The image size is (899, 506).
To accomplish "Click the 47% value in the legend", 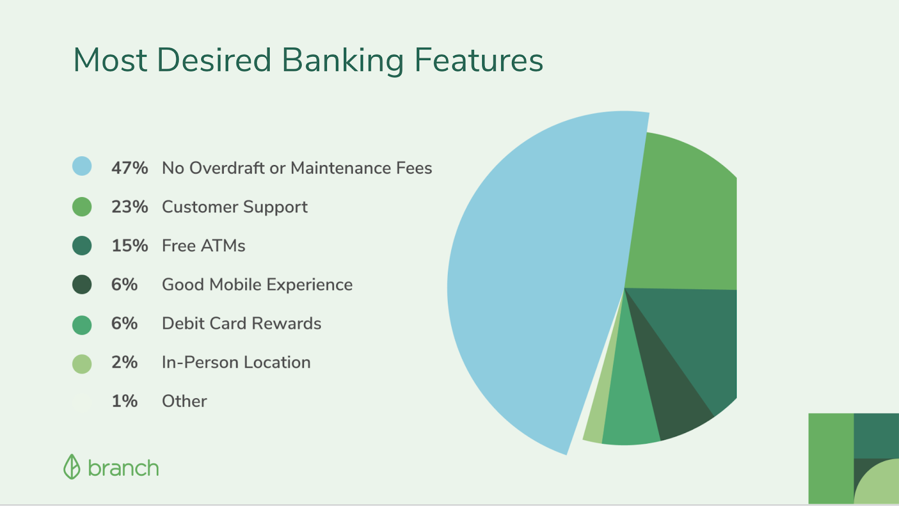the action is tap(130, 168).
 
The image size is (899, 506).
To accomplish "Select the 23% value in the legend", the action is tap(130, 207).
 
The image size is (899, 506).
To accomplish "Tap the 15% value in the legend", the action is tap(130, 246).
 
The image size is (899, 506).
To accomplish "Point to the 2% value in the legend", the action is tap(124, 362).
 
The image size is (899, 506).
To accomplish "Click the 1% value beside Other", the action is tap(124, 402).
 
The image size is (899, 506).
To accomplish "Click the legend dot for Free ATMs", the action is tap(82, 245).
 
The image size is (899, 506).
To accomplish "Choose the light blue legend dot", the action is tap(82, 166).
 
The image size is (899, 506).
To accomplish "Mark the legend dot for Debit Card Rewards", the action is tap(82, 325).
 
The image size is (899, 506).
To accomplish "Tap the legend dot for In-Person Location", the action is tap(82, 364).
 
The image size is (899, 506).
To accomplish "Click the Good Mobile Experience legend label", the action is tap(257, 285).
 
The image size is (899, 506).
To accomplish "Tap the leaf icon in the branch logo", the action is tap(72, 467).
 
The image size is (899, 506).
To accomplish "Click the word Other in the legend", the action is tap(185, 402).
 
